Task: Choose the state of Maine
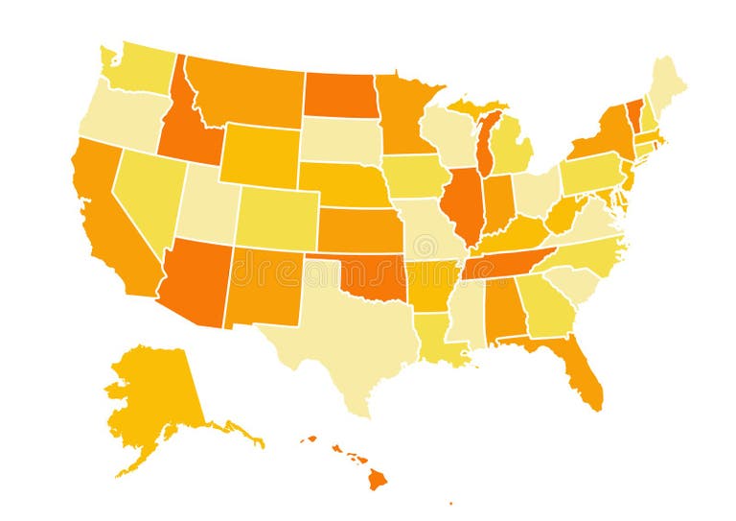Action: point(665,86)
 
